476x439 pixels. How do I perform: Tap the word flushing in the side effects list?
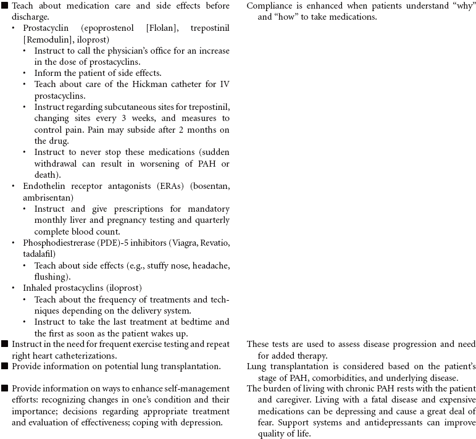[x=51, y=276]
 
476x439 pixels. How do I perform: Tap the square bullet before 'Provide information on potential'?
[x=5, y=366]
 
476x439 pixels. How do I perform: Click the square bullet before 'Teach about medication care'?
[x=5, y=6]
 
